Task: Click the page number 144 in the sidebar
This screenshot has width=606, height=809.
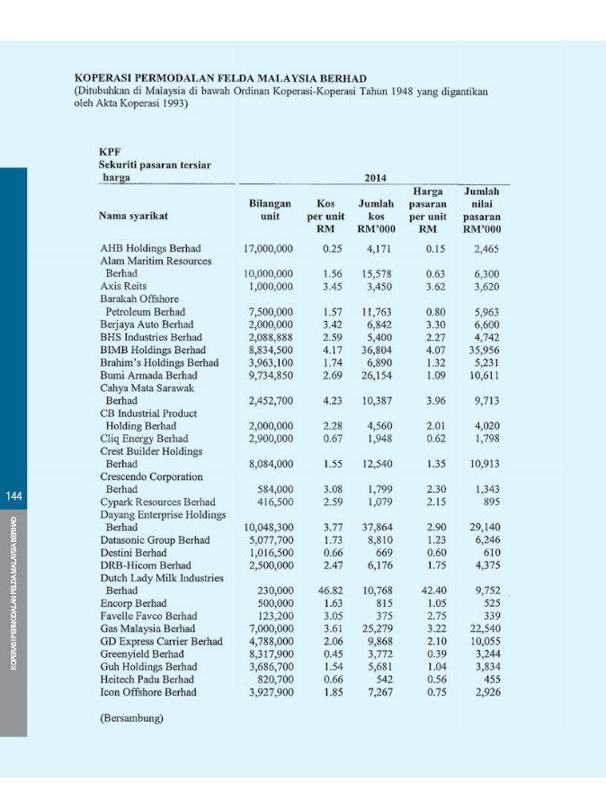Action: tap(13, 497)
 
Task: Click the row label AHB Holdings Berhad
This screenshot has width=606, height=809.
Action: tap(150, 248)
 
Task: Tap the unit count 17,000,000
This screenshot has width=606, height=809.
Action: tap(268, 248)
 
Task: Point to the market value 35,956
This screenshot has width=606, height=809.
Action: tap(480, 350)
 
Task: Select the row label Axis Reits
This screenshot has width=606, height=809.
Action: tap(123, 286)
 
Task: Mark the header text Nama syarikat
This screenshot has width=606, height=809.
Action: tap(134, 217)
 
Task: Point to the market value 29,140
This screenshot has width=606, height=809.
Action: tap(480, 527)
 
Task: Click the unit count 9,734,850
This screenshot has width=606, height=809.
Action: tap(268, 375)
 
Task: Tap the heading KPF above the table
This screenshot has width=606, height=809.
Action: tap(110, 153)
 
